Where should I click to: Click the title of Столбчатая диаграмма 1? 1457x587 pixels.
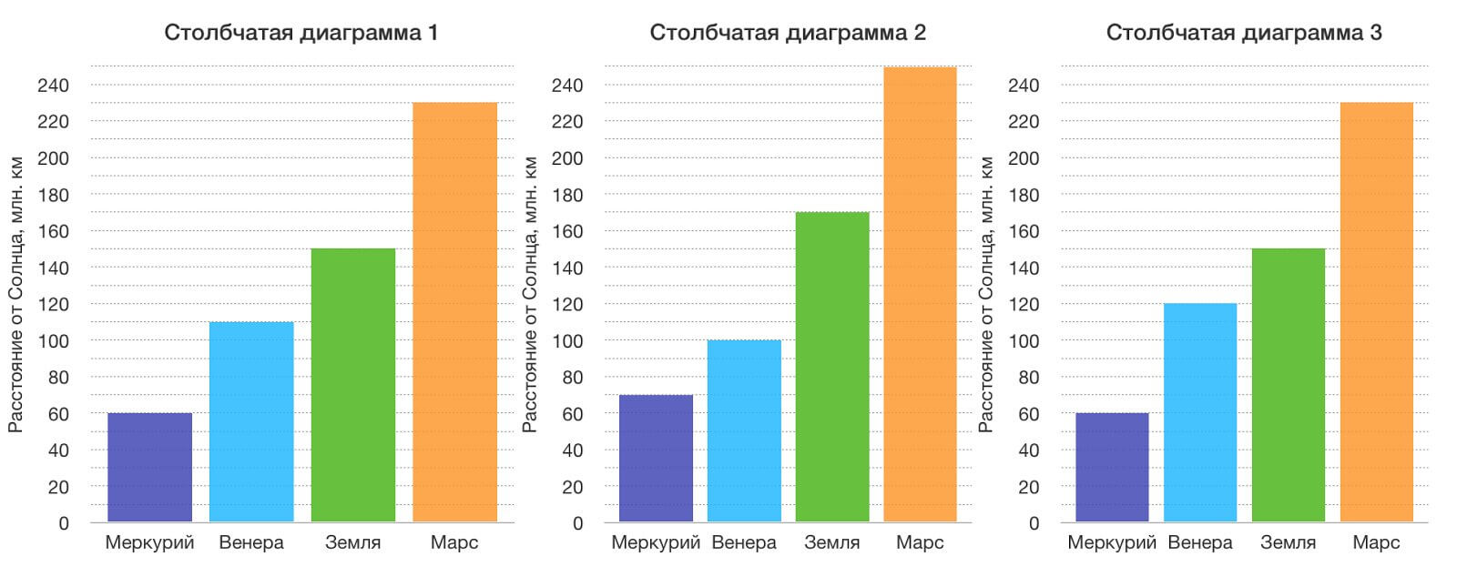tap(301, 33)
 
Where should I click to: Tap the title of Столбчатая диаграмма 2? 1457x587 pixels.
tap(788, 33)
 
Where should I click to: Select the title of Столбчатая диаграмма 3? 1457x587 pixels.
tap(1244, 33)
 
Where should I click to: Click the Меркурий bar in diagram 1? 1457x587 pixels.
tap(149, 468)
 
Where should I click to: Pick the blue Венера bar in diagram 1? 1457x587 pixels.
tap(251, 422)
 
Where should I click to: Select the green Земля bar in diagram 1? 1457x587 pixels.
tap(353, 385)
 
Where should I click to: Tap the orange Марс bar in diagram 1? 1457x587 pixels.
tap(454, 312)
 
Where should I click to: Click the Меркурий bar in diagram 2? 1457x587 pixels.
tap(656, 459)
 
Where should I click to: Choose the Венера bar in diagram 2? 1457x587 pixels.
tap(744, 431)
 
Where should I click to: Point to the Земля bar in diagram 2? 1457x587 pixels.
tap(832, 367)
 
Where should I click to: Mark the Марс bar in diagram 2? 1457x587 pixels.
tap(920, 294)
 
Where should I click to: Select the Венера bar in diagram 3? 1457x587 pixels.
tap(1200, 413)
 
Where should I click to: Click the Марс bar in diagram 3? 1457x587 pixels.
tap(1376, 312)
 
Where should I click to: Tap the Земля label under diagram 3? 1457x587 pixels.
tap(1288, 543)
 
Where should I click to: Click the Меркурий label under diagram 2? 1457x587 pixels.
tap(656, 543)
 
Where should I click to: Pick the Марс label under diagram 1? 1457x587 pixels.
tap(454, 543)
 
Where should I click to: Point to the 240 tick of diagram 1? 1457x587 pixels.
tap(53, 86)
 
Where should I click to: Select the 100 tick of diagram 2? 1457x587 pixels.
tap(565, 341)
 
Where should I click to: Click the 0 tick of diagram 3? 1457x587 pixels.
tap(1034, 524)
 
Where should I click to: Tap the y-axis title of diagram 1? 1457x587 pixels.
tap(16, 294)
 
